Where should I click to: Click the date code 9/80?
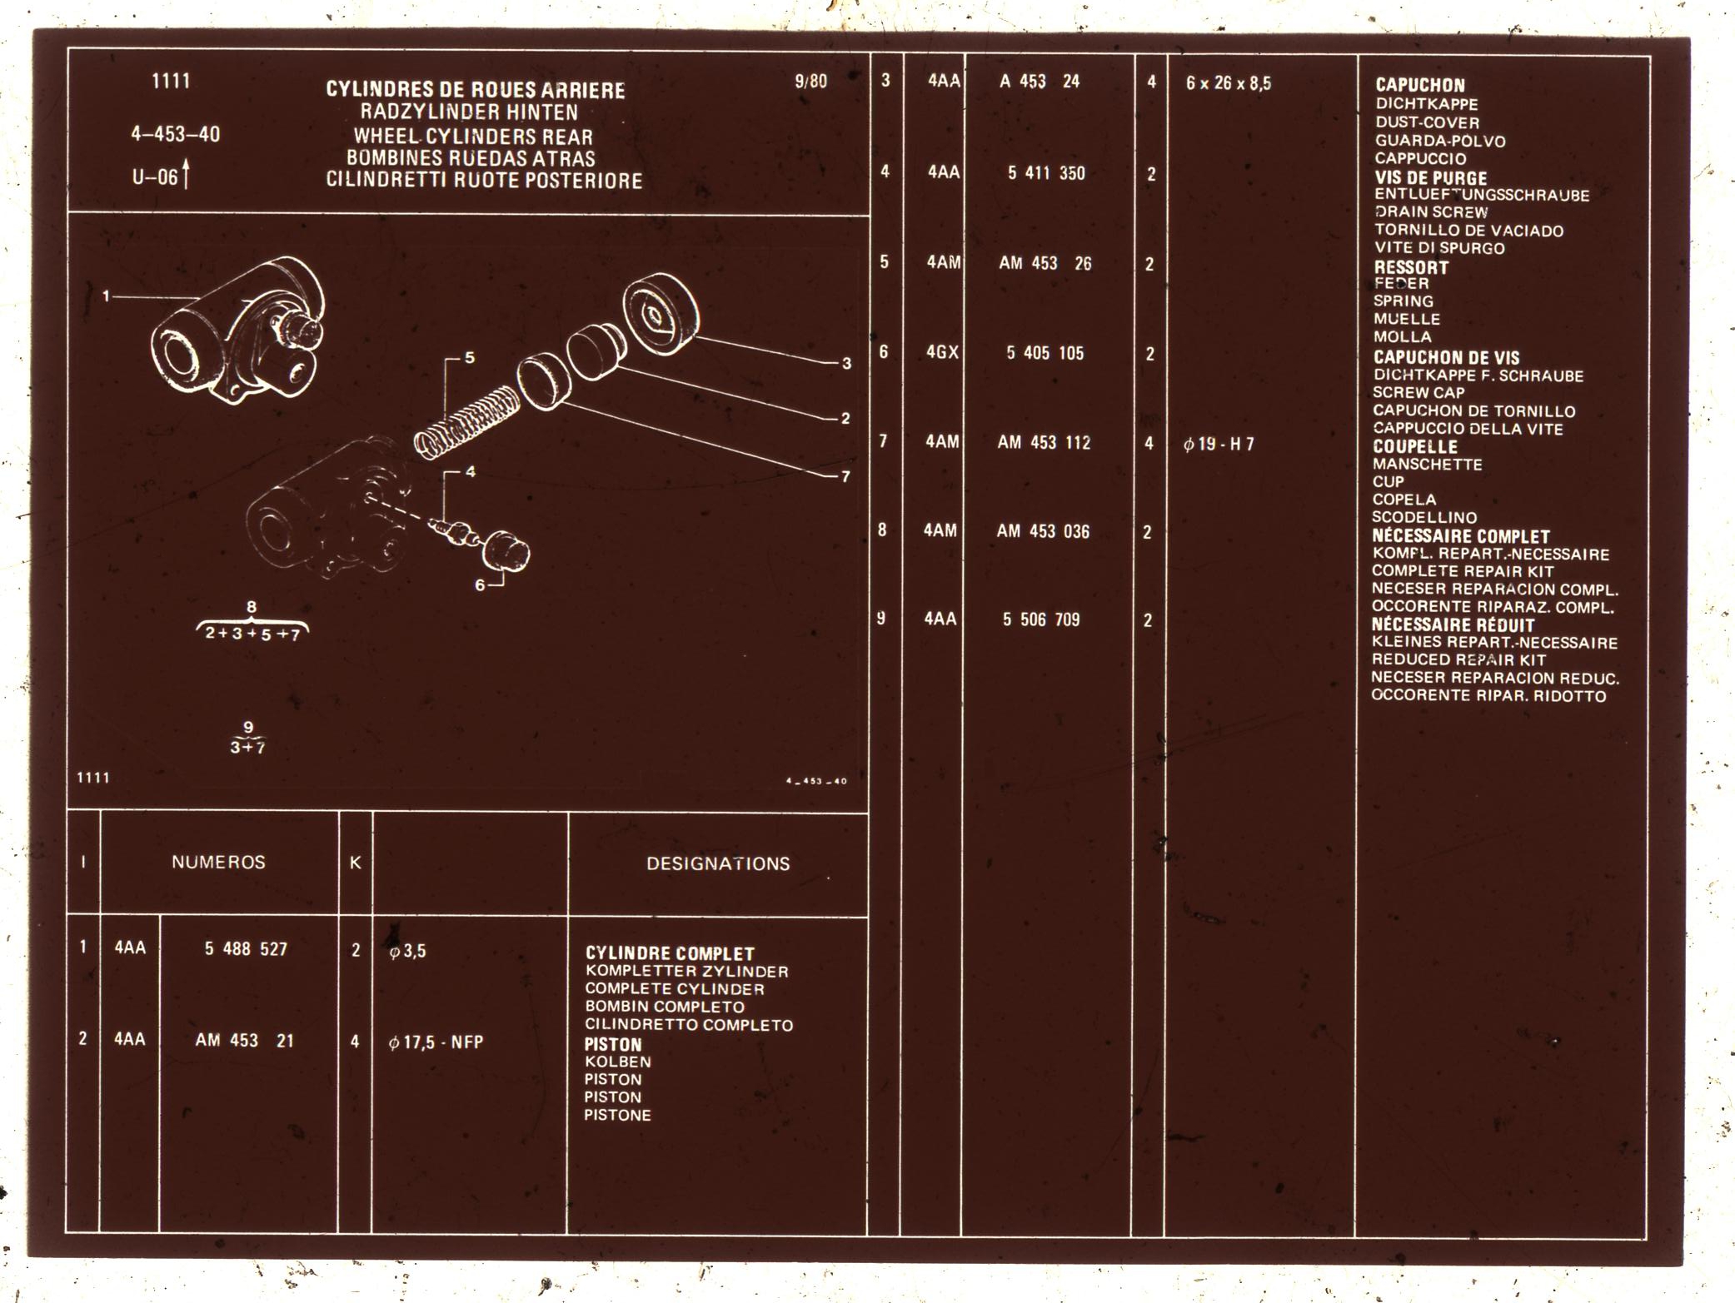pos(810,81)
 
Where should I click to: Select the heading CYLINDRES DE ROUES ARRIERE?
pos(475,90)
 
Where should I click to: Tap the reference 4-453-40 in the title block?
pos(176,134)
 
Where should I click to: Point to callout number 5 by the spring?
pos(470,358)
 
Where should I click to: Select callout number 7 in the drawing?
pos(845,477)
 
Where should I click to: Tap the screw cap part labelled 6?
pos(506,551)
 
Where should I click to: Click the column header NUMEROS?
pos(218,863)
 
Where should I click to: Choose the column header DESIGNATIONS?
pos(718,863)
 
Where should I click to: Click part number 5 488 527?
pos(246,949)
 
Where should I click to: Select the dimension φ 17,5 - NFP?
pos(436,1042)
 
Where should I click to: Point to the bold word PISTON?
pos(613,1044)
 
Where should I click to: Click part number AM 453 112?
pos(1044,443)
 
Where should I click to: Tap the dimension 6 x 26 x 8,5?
pos(1229,83)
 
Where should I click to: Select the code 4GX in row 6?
pos(942,353)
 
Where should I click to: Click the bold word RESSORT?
pos(1411,267)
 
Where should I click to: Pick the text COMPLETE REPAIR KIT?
pos(1463,571)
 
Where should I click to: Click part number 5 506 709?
pos(1041,619)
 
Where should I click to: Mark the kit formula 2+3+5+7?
pos(252,634)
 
